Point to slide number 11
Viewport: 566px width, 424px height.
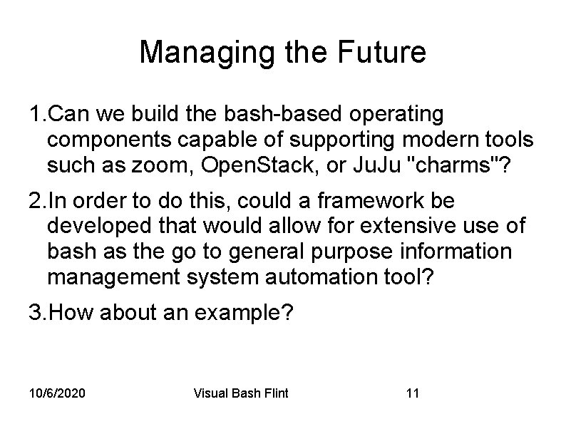point(412,393)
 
